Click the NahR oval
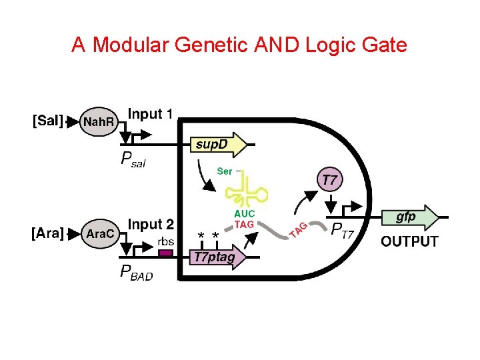tap(99, 121)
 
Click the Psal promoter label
tap(133, 160)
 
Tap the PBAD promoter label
tap(136, 273)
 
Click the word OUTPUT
tap(409, 241)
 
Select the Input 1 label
tap(151, 114)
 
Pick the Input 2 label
tap(151, 225)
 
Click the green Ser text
tap(225, 171)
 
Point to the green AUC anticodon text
tap(244, 214)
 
